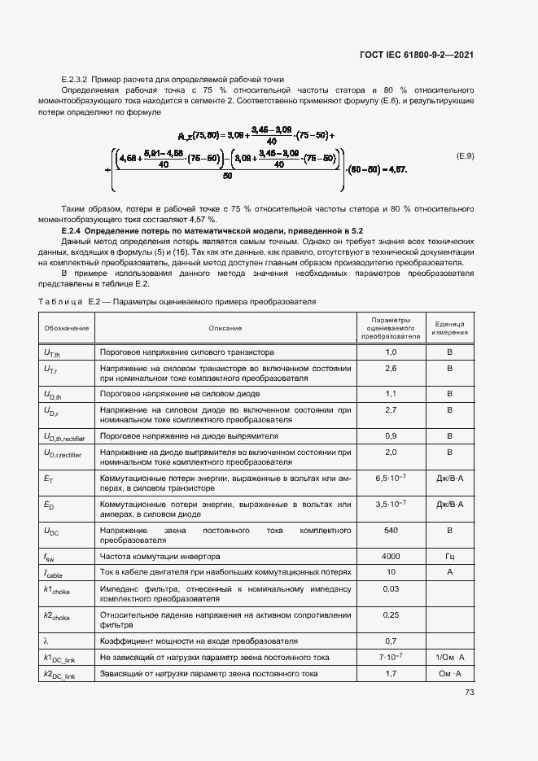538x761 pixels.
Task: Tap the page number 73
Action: point(469,693)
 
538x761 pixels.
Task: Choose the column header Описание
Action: point(225,328)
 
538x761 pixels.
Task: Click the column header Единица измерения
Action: point(449,328)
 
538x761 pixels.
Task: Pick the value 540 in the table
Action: point(390,530)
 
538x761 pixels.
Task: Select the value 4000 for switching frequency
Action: point(390,557)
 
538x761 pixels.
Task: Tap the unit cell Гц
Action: point(449,557)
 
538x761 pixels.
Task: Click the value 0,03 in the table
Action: point(390,588)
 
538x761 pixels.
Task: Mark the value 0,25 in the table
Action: point(390,614)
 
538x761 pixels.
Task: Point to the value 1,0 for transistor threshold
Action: point(390,352)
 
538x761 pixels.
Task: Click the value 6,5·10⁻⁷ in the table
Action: point(390,479)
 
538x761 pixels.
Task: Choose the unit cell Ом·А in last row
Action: point(449,674)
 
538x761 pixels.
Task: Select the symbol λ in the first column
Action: point(46,641)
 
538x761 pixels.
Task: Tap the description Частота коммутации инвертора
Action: point(160,557)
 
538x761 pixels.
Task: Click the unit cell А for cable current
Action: point(449,572)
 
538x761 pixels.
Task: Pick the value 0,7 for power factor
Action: point(390,641)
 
